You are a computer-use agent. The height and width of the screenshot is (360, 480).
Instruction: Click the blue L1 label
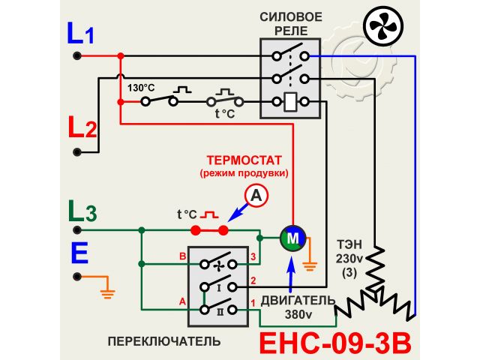(81, 34)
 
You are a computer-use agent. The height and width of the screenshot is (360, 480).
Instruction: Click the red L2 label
(82, 127)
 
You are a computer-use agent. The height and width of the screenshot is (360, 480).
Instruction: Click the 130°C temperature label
(140, 88)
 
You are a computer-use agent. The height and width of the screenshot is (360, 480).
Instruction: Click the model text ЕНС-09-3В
(335, 343)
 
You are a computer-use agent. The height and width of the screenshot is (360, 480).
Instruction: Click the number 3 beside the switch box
(253, 257)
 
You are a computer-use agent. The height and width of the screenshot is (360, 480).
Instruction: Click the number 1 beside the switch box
(253, 302)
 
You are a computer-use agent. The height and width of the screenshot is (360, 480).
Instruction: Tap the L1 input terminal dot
(76, 55)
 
